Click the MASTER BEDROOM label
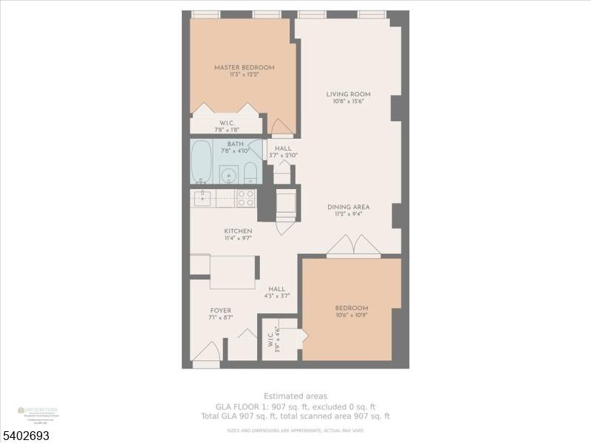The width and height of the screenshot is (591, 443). (x=244, y=68)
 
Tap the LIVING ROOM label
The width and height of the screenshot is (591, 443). (x=348, y=95)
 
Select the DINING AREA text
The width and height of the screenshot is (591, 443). (x=348, y=207)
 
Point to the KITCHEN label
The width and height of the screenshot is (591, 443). (x=238, y=231)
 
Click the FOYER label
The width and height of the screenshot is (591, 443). (x=220, y=311)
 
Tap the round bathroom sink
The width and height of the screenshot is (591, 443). (x=229, y=176)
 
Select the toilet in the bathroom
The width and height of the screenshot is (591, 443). (x=250, y=174)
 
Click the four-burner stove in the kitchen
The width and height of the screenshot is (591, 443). (x=245, y=198)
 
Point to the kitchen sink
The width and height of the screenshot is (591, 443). (x=202, y=198)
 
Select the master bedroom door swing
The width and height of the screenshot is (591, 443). (x=281, y=127)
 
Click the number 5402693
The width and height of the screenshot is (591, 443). (x=25, y=436)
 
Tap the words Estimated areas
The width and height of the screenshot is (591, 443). (x=295, y=396)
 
